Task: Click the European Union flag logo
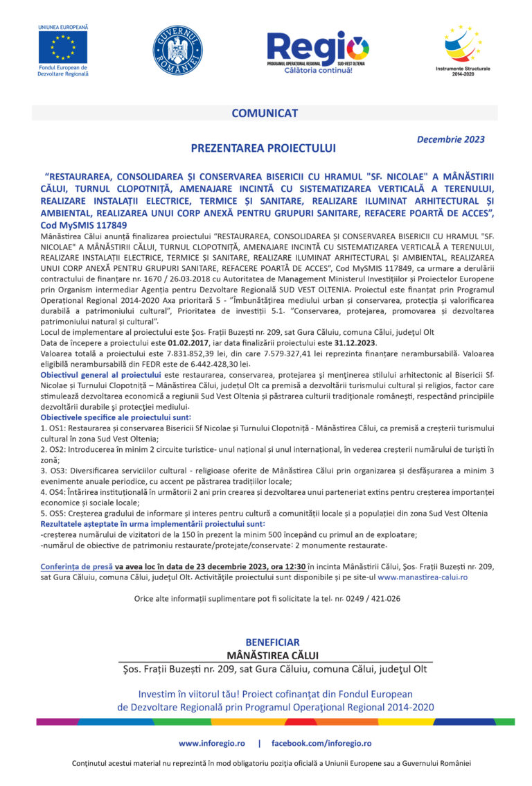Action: coord(63,47)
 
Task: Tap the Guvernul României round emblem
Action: coord(177,50)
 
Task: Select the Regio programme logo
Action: coord(318,51)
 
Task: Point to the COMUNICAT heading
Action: coord(265,113)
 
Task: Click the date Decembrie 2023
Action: coord(450,139)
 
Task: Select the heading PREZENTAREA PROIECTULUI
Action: coord(263,148)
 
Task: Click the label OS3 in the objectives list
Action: coord(60,471)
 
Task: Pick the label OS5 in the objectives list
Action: coord(60,513)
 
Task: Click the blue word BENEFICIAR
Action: coord(272,643)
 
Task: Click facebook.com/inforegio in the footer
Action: coord(321,743)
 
